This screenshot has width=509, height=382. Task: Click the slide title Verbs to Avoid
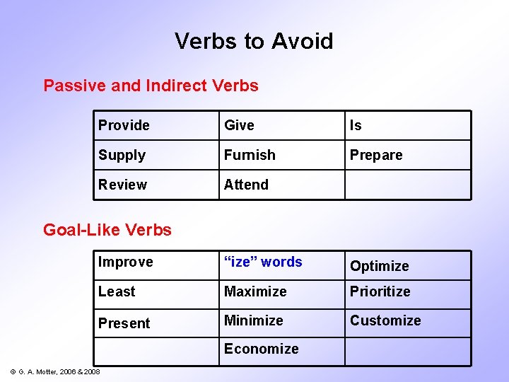254,41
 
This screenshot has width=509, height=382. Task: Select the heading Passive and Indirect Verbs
151,86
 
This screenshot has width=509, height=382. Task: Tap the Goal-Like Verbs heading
107,230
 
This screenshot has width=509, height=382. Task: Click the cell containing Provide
124,126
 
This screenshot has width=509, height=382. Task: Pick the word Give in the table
239,126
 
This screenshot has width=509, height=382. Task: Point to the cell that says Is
356,126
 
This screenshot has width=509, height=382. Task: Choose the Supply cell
122,156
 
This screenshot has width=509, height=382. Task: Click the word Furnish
250,155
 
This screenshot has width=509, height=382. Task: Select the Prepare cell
376,156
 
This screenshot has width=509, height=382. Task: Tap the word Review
122,185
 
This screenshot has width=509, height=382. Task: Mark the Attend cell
246,185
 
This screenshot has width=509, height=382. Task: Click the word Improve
125,262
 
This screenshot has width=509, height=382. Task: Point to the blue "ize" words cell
263,262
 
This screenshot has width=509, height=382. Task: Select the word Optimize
380,266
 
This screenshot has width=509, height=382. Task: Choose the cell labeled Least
117,291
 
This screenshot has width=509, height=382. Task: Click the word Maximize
255,291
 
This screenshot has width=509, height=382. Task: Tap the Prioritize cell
380,291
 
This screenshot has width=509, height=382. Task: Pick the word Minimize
254,320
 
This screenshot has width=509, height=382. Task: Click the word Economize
262,349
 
